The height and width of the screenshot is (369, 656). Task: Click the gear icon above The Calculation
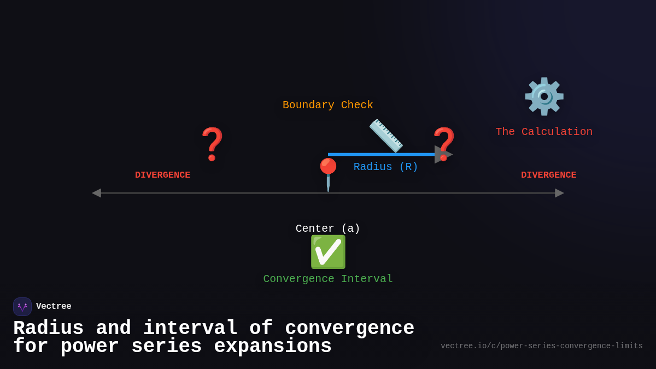[544, 96]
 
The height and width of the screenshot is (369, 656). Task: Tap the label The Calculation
[544, 132]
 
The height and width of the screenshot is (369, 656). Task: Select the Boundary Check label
[327, 105]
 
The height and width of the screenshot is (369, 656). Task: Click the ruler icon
[386, 135]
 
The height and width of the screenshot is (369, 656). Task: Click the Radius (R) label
[385, 167]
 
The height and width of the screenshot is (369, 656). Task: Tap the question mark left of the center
[213, 144]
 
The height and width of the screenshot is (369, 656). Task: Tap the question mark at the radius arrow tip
[444, 143]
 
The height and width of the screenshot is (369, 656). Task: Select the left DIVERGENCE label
[162, 175]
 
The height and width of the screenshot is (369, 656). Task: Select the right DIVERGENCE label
[548, 175]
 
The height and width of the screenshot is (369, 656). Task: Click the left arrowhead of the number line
[96, 193]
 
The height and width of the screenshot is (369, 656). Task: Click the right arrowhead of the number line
[559, 193]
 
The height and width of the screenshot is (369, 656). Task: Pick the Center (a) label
[328, 229]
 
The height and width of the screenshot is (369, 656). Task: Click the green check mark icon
[328, 252]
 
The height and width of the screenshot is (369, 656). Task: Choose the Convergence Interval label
[328, 279]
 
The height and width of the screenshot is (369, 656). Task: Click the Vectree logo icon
[22, 307]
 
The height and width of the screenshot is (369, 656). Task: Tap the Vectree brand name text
[54, 307]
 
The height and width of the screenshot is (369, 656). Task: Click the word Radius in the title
[48, 328]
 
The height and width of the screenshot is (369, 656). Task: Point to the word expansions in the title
[272, 347]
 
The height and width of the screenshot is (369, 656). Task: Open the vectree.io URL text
[541, 346]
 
